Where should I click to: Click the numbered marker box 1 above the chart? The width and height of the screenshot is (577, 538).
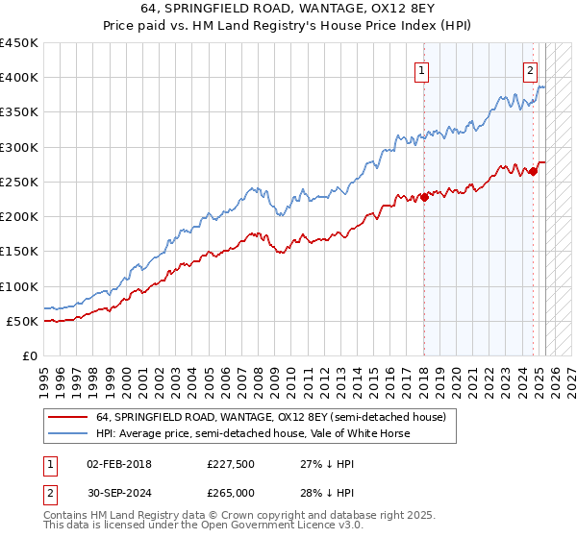coord(423,68)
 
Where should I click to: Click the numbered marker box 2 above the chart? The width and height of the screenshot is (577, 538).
coord(530,68)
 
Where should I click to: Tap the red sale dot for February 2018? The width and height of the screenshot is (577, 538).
coord(424,198)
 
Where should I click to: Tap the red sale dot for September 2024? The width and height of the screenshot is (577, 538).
coord(533,172)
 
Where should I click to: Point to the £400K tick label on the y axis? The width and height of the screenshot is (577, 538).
coord(19,78)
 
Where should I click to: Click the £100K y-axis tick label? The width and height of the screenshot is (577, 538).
coord(19,286)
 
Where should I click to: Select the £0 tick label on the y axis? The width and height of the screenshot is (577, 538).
coord(29,355)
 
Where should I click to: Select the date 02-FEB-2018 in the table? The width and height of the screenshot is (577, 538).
coord(119,464)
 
